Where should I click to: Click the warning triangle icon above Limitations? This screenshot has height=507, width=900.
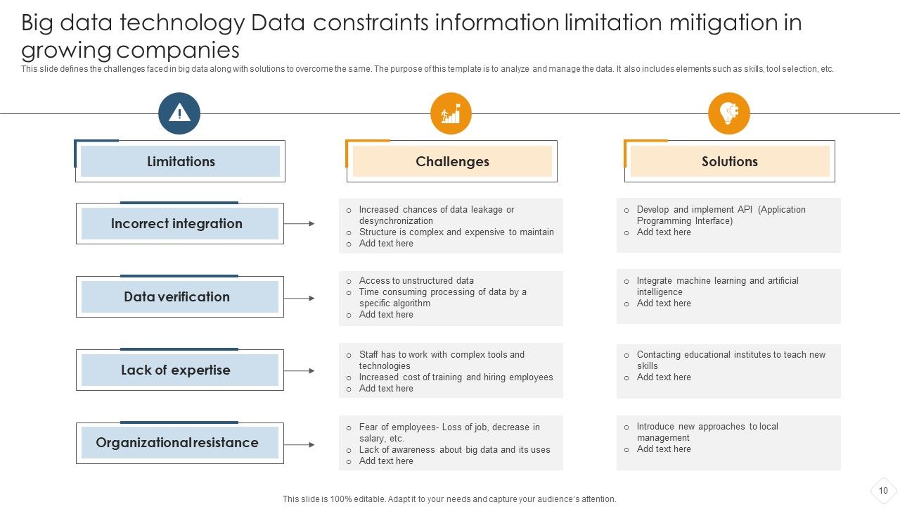tap(179, 113)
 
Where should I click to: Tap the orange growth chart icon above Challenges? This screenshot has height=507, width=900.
tap(451, 113)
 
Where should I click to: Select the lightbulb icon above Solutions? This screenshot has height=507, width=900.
tap(729, 113)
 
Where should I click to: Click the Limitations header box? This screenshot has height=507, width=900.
tap(181, 161)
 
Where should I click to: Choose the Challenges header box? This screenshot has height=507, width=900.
tap(452, 161)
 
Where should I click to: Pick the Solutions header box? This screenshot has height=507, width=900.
tap(730, 161)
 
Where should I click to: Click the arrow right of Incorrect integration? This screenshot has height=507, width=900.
tap(300, 224)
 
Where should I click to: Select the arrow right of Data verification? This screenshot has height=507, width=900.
tap(300, 299)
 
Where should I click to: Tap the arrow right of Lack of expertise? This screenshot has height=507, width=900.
tap(300, 371)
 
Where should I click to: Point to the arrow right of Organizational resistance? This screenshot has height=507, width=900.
tap(300, 445)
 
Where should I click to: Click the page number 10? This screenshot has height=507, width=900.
tap(883, 491)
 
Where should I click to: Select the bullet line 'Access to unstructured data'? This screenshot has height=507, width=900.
tap(416, 280)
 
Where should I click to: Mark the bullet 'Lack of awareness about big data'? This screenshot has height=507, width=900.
tap(454, 450)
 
